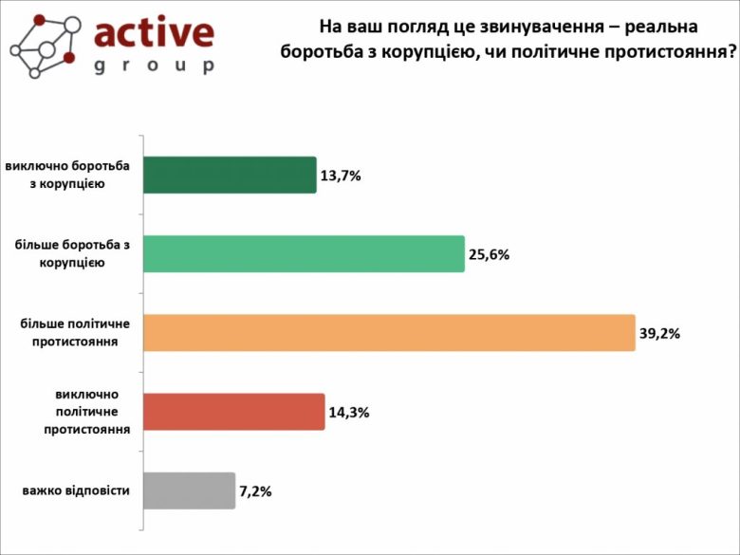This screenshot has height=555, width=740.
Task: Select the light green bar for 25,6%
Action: click(x=303, y=254)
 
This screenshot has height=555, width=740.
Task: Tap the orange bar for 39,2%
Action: click(x=388, y=333)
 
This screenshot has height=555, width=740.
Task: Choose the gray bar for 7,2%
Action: click(x=188, y=490)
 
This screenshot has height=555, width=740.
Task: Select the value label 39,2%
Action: click(x=660, y=334)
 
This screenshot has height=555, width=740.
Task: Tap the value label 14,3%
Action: click(x=349, y=413)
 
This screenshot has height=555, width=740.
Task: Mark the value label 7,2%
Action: click(x=257, y=491)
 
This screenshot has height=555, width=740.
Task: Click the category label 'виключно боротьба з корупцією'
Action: click(x=67, y=175)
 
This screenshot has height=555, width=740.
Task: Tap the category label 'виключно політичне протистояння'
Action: click(x=86, y=412)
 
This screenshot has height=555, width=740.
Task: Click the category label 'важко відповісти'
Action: click(x=75, y=490)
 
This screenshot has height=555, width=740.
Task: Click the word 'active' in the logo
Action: click(x=154, y=33)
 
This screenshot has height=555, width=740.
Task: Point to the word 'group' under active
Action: click(x=154, y=66)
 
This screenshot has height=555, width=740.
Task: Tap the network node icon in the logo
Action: click(x=43, y=46)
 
